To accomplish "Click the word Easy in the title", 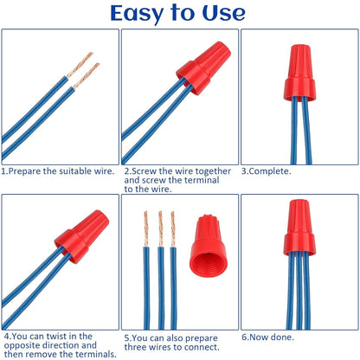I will point(140,13).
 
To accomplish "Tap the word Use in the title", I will point(222,13).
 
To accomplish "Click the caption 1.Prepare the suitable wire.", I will point(58,171).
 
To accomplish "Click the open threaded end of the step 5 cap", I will point(208,276).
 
